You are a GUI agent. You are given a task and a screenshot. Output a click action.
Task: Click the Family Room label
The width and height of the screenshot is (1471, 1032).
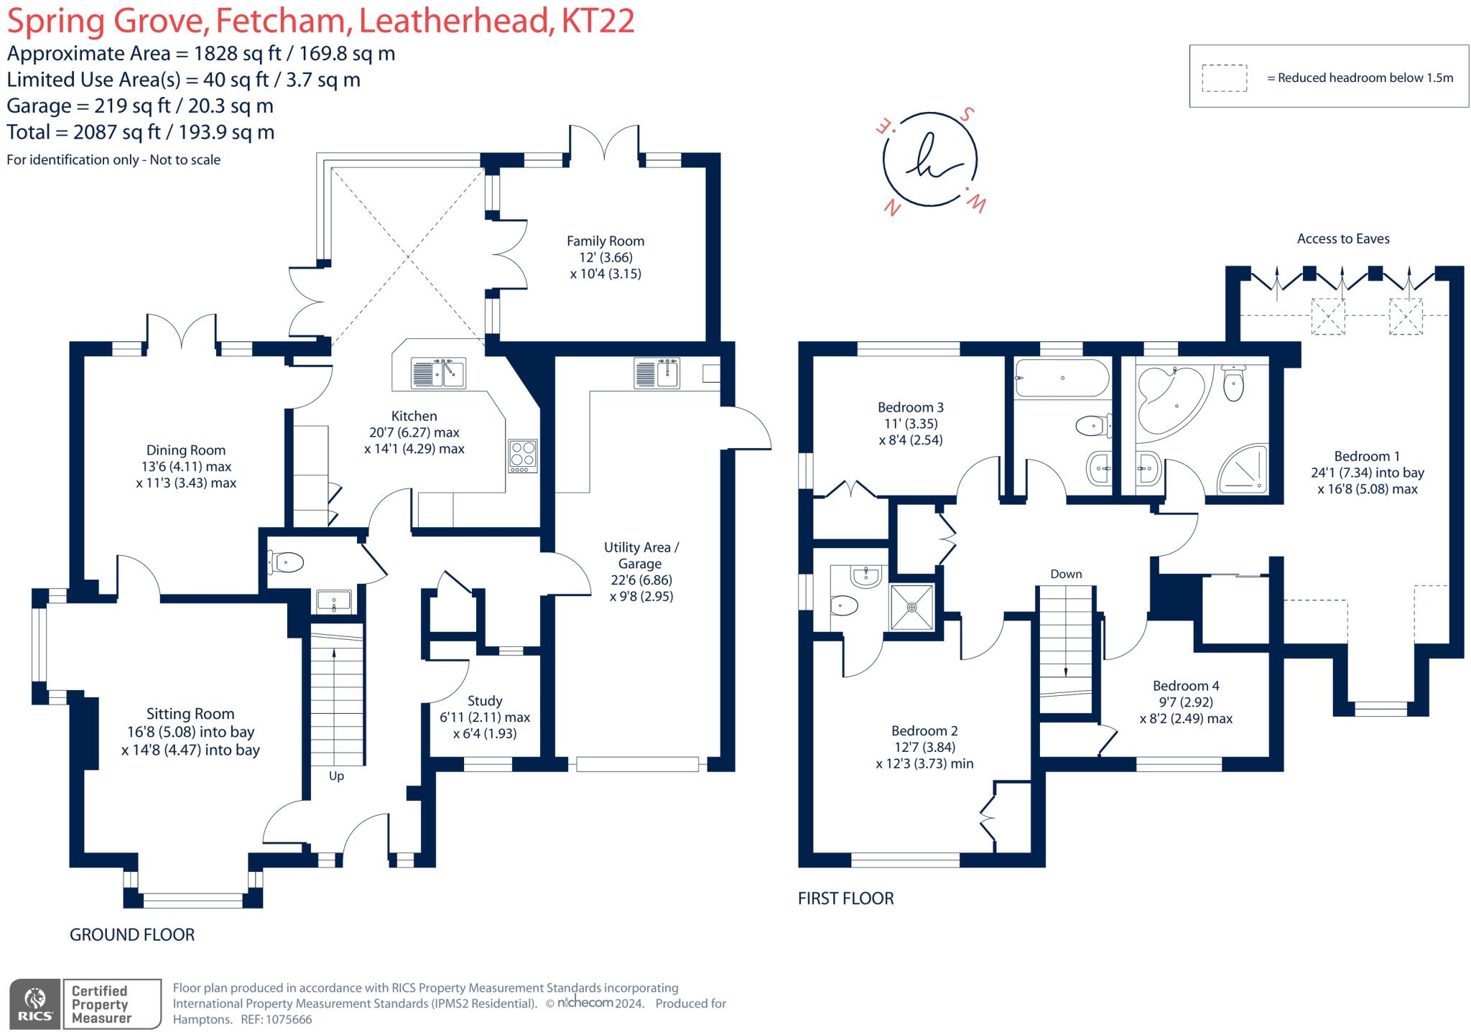tap(605, 241)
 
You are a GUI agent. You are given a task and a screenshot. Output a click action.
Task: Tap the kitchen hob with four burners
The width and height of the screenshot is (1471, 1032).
tap(522, 455)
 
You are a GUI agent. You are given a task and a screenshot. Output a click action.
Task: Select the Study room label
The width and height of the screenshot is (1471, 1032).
tap(485, 701)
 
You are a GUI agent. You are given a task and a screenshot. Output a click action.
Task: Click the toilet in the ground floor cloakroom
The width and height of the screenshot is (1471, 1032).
tap(286, 562)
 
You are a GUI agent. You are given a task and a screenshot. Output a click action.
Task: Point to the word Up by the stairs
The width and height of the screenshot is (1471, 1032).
tap(336, 776)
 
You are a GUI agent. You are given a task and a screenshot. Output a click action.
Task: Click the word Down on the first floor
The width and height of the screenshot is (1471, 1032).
tap(1066, 574)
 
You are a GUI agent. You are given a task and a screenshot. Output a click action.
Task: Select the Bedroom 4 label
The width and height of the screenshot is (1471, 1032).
tap(1186, 686)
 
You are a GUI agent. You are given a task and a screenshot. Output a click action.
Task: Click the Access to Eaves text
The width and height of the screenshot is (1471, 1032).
tap(1343, 239)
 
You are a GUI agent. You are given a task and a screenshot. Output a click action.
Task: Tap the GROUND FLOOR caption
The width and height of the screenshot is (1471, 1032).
tap(132, 934)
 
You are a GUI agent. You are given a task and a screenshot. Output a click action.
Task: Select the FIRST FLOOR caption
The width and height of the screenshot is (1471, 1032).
tap(845, 898)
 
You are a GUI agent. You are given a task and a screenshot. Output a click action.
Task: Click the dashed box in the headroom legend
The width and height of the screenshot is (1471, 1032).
tap(1224, 78)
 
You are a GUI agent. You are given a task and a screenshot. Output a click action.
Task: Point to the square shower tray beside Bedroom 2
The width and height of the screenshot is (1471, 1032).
tap(912, 608)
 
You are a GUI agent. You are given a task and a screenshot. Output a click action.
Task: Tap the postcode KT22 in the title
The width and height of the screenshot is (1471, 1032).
tap(598, 21)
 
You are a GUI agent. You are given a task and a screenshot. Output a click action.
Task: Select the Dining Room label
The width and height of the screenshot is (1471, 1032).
tap(186, 450)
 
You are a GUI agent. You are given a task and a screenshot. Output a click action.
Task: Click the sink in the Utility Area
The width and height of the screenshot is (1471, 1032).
tap(657, 373)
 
